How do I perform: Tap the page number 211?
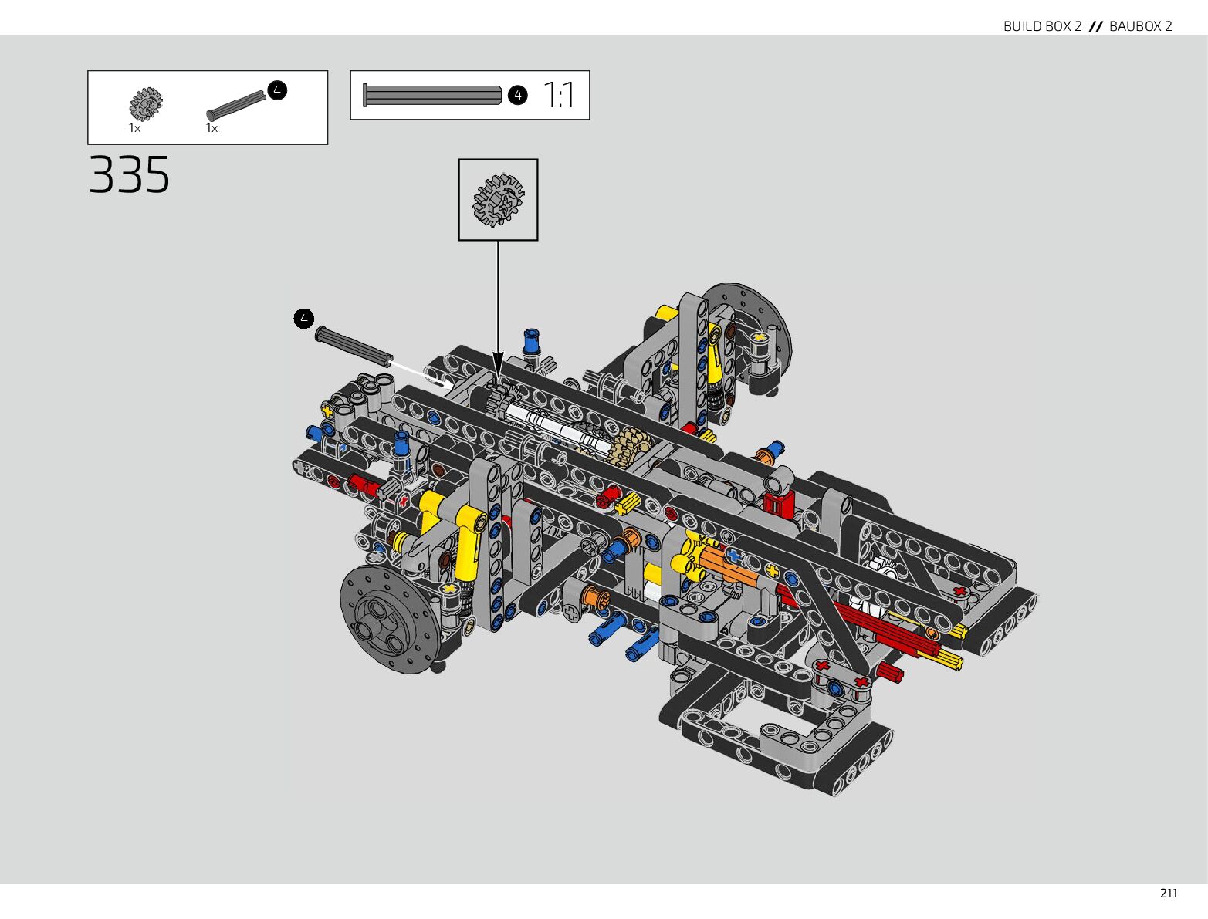point(1168,894)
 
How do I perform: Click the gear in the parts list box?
point(146,104)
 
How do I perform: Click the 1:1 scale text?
point(559,95)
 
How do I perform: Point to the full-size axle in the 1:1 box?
point(432,95)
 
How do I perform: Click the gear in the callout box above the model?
point(498,200)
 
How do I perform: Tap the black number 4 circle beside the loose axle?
point(304,319)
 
